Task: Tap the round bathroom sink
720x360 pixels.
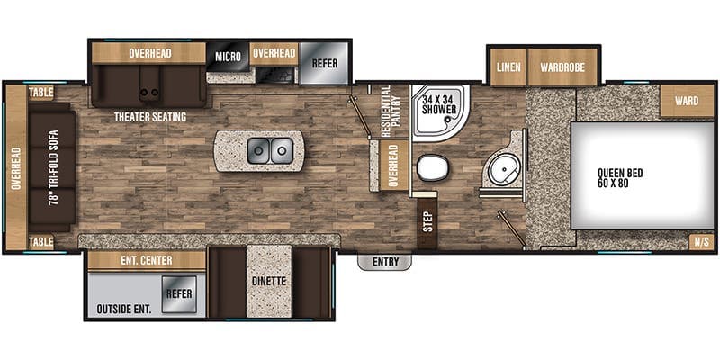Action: point(498,166)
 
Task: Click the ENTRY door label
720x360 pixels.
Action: point(384,262)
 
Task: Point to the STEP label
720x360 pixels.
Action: point(427,221)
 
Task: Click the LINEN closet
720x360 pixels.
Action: point(506,67)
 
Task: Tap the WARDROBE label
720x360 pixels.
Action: point(558,67)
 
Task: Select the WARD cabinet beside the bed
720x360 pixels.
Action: point(686,101)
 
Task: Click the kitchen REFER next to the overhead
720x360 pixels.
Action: point(324,63)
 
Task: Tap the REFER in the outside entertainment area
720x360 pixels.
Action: point(180,292)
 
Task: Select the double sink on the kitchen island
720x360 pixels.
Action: point(271,148)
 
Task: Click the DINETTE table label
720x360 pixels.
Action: point(269,281)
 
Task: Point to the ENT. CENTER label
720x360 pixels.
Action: point(147,261)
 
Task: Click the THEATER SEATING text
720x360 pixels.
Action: point(149,117)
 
